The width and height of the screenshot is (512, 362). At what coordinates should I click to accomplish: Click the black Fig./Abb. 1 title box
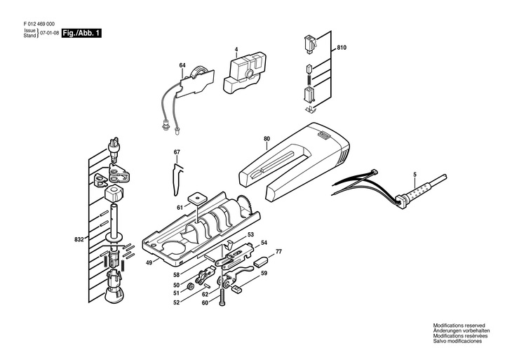(x=81, y=33)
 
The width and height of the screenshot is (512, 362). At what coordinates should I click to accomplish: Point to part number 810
(x=342, y=47)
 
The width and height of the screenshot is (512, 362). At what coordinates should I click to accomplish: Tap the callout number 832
(x=80, y=240)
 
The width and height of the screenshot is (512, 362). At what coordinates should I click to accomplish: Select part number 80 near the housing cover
(x=267, y=138)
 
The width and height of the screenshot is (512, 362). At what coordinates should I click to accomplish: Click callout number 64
(x=182, y=66)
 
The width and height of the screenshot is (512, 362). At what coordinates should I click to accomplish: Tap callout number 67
(x=177, y=152)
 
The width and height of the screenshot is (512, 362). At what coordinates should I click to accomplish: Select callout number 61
(x=180, y=207)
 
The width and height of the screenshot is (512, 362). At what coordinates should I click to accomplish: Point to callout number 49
(x=149, y=262)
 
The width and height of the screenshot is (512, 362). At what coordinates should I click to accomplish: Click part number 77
(x=278, y=251)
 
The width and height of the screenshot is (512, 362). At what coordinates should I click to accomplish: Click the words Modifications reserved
(x=457, y=326)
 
